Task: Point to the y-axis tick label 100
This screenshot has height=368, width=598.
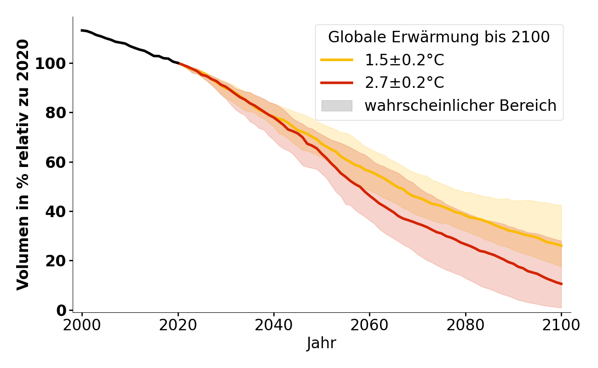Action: tap(51, 63)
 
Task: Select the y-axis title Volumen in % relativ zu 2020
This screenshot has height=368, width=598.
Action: tap(23, 164)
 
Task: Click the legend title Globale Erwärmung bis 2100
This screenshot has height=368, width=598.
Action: tap(439, 37)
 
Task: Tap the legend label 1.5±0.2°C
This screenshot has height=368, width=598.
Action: tap(404, 60)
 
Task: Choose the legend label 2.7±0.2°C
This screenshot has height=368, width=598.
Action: tap(404, 83)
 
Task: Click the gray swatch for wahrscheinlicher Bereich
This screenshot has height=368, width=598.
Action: tap(337, 106)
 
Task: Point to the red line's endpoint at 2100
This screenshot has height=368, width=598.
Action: tap(561, 284)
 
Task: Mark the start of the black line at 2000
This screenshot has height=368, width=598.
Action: tap(82, 30)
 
